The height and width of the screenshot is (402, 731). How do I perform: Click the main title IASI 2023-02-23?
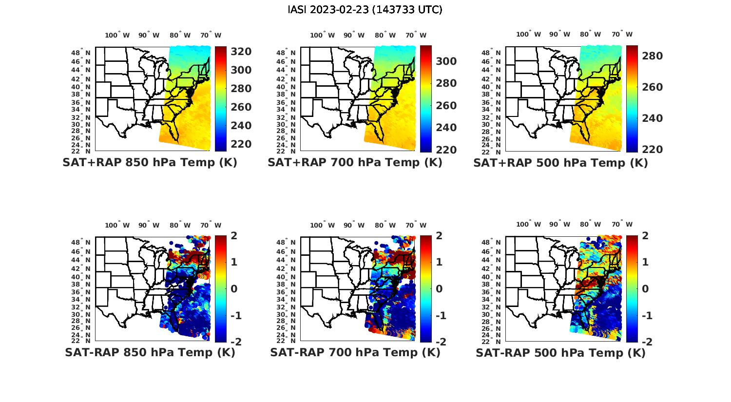[x=365, y=10]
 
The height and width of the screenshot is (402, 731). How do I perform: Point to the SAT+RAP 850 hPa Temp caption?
[x=150, y=162]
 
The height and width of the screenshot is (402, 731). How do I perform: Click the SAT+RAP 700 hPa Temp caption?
[x=355, y=162]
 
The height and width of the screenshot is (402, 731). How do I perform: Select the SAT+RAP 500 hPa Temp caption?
[x=560, y=163]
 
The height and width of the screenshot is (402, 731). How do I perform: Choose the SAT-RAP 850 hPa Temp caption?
[x=150, y=352]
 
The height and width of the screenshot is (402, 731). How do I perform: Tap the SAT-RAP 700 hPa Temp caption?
[x=355, y=352]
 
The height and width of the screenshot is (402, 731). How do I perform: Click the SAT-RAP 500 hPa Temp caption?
[x=560, y=353]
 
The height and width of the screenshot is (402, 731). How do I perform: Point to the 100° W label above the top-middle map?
[x=322, y=35]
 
